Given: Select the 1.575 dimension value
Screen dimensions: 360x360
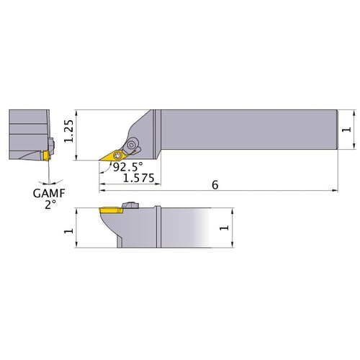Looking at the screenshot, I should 138,177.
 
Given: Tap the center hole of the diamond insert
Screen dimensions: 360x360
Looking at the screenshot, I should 117,154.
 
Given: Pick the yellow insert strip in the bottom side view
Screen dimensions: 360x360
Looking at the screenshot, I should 110,210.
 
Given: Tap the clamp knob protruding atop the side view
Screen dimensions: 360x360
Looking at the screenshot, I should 130,206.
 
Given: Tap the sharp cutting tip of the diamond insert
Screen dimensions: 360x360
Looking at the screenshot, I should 100,160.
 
